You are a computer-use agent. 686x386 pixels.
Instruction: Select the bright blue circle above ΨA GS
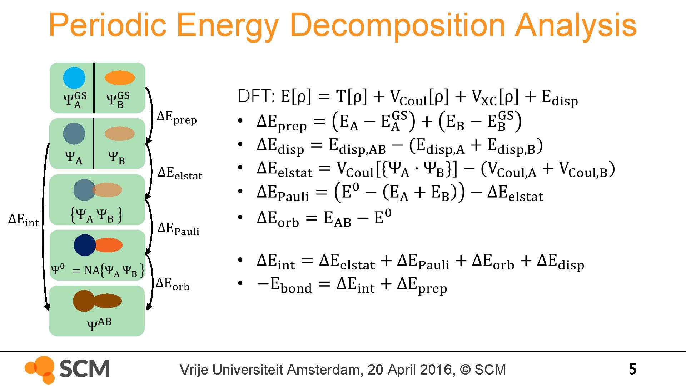pyautogui.click(x=74, y=78)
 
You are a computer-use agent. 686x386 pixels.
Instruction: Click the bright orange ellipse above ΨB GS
pyautogui.click(x=120, y=78)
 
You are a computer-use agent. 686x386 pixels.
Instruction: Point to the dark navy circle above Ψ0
pyautogui.click(x=85, y=245)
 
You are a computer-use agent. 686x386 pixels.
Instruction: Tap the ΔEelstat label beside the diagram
pyautogui.click(x=180, y=173)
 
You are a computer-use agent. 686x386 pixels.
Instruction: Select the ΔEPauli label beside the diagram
pyautogui.click(x=178, y=229)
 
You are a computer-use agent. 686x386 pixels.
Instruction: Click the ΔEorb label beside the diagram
pyautogui.click(x=173, y=284)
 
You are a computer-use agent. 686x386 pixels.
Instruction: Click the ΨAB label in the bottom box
pyautogui.click(x=99, y=324)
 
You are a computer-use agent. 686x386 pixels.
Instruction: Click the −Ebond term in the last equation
pyautogui.click(x=284, y=285)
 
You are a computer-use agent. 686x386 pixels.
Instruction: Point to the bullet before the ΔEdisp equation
pyautogui.click(x=240, y=144)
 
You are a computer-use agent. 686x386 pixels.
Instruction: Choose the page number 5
pyautogui.click(x=632, y=369)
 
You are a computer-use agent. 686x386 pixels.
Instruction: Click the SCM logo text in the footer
pyautogui.click(x=84, y=369)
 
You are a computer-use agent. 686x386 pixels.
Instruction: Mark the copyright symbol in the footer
pyautogui.click(x=465, y=370)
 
